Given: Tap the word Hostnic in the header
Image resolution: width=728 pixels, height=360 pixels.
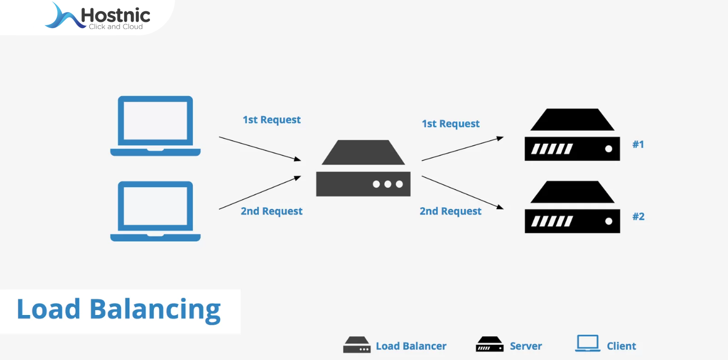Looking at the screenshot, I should click(x=115, y=15).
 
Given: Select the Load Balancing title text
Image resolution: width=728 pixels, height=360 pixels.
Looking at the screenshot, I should click(x=119, y=309).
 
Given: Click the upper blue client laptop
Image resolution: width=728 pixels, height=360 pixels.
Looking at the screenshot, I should click(x=155, y=126).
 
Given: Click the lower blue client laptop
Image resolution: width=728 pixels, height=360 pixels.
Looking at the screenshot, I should click(x=155, y=211).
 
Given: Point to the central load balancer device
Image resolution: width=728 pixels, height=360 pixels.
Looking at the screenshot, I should click(x=363, y=168).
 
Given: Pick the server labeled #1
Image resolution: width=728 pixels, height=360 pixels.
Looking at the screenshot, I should click(x=572, y=135).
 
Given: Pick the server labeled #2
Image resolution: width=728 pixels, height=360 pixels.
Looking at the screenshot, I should click(x=572, y=207).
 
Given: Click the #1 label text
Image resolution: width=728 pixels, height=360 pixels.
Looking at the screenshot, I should click(x=638, y=144).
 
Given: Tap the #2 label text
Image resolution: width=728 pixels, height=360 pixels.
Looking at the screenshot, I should click(x=638, y=216).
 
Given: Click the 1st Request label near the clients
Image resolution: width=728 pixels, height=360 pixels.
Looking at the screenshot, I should click(x=271, y=120).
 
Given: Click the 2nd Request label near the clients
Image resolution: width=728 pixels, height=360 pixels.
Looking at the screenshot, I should click(x=271, y=211).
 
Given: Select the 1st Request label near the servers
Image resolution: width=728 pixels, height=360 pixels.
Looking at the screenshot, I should click(x=451, y=124).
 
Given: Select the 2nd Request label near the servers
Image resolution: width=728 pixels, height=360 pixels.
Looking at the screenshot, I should click(x=451, y=211).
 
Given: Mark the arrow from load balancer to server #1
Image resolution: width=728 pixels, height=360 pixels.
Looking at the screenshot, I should click(x=462, y=148).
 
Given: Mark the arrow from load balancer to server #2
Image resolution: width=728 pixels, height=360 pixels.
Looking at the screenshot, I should click(x=462, y=192).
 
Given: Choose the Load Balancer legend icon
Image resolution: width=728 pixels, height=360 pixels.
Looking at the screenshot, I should click(x=357, y=345).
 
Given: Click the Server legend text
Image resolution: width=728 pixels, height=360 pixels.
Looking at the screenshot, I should click(x=526, y=346).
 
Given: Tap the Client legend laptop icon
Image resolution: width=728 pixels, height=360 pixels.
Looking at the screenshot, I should click(x=588, y=344).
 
